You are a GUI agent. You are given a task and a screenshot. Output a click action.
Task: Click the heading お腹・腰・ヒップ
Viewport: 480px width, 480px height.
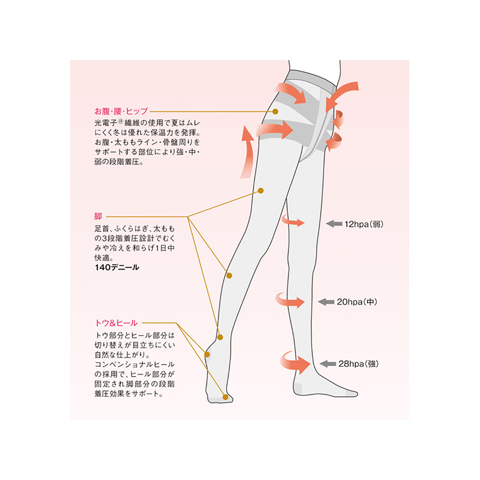click(x=121, y=111)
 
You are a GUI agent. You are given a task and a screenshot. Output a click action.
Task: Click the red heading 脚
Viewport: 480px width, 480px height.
click(x=98, y=216)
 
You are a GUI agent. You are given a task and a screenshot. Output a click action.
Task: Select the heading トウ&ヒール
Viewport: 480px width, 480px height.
click(x=116, y=323)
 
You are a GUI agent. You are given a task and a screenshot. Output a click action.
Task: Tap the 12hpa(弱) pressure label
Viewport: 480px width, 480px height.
click(x=364, y=224)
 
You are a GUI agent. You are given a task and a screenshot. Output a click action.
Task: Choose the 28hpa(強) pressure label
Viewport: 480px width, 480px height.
click(x=358, y=364)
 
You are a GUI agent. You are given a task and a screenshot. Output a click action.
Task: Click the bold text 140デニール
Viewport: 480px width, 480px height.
click(x=117, y=267)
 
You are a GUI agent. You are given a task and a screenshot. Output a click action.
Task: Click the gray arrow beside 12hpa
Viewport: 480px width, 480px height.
click(x=334, y=224)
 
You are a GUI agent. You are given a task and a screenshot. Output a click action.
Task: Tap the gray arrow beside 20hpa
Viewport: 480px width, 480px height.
click(x=326, y=302)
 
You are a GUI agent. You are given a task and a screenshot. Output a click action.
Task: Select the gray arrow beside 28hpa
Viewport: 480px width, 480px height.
click(x=328, y=364)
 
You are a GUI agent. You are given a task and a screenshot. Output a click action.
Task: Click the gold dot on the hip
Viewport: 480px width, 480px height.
click(x=276, y=111)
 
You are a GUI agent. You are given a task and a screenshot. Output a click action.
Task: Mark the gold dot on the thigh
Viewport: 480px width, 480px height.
click(x=261, y=191)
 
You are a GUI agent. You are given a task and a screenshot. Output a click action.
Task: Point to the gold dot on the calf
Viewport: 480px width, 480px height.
click(x=229, y=276)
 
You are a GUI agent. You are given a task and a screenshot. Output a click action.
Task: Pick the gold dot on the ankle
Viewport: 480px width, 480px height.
click(x=220, y=337)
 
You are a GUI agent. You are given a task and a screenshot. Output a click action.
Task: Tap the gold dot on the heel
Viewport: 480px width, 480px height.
click(x=207, y=354)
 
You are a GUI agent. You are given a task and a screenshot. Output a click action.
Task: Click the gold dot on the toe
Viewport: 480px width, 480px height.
click(x=226, y=397)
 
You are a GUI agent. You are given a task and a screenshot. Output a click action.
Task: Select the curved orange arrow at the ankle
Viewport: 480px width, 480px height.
click(x=294, y=362)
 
